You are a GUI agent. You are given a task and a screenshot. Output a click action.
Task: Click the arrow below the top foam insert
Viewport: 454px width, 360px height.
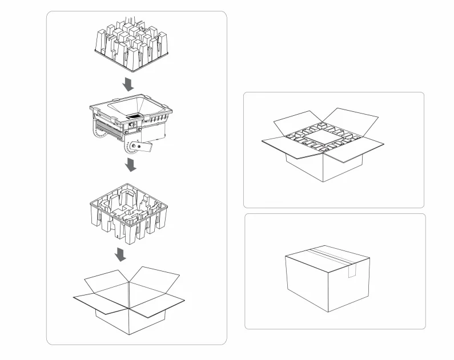point(129,84)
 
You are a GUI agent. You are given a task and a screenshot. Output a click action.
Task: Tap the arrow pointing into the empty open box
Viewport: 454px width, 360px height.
point(120,254)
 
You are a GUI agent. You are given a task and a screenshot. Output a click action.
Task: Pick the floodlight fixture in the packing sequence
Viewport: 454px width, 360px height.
point(132,123)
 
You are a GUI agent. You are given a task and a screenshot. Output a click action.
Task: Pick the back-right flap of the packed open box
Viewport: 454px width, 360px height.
point(354,120)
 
